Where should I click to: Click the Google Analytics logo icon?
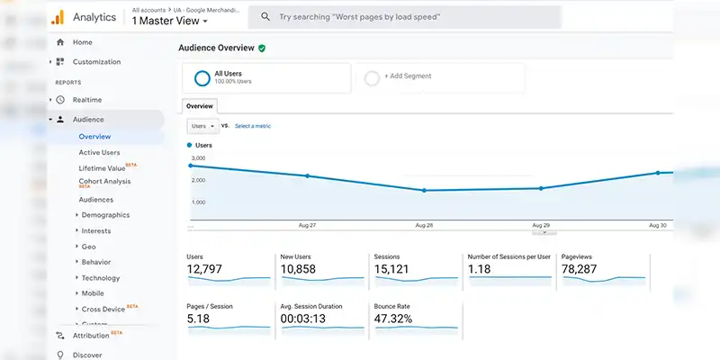[x=57, y=17]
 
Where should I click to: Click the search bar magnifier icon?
[x=265, y=17]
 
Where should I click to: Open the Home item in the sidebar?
[x=82, y=42]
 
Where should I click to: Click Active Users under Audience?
[x=99, y=152]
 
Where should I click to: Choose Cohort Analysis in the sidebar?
[x=104, y=182]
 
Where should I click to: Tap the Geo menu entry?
[x=88, y=247]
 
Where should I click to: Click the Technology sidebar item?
[x=100, y=278]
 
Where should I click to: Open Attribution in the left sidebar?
[x=90, y=336]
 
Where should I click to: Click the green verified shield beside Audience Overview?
[x=262, y=49]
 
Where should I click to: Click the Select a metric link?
[x=253, y=126]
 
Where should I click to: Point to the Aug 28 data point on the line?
[x=424, y=191]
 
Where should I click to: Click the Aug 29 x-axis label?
[x=540, y=225]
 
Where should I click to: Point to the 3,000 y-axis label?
[x=199, y=158]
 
